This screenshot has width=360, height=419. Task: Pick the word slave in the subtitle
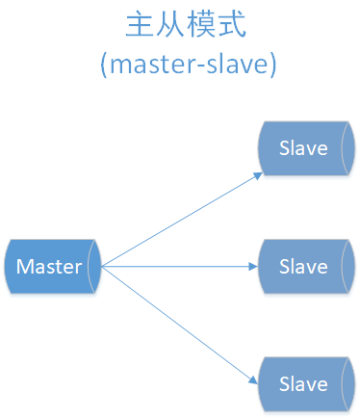coord(236,65)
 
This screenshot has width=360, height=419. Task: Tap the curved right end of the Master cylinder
coord(94,266)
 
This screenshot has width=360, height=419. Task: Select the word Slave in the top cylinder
coord(302,148)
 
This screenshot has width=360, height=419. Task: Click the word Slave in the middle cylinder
coord(302,266)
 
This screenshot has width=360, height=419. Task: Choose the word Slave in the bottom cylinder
coord(302,383)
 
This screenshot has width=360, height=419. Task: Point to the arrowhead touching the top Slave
coord(257,175)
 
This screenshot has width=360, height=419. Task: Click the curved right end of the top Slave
coord(348,148)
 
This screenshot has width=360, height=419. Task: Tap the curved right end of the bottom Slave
coord(348,383)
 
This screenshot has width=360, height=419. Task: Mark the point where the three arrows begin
coord(101,266)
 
